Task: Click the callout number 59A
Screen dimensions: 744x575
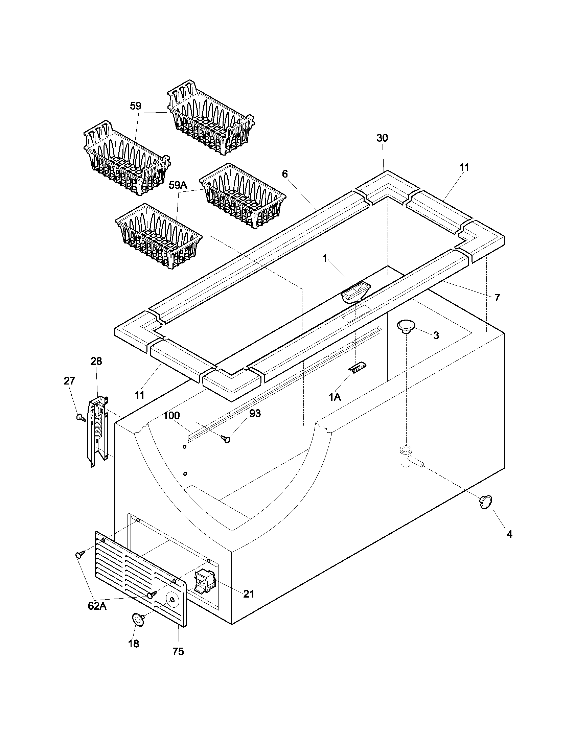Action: coord(178,185)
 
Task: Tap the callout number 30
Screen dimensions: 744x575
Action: coord(382,138)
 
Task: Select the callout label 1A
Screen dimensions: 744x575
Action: coord(335,397)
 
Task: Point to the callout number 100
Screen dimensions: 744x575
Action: coord(171,416)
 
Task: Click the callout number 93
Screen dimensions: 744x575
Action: coord(255,413)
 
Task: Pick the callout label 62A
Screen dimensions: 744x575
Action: coord(97,606)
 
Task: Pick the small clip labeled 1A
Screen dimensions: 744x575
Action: coord(356,368)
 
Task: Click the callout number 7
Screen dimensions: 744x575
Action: coord(497,298)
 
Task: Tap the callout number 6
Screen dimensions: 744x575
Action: coord(285,174)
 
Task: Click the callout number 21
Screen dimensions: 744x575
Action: coord(249,594)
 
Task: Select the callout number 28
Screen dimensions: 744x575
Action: coord(96,361)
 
